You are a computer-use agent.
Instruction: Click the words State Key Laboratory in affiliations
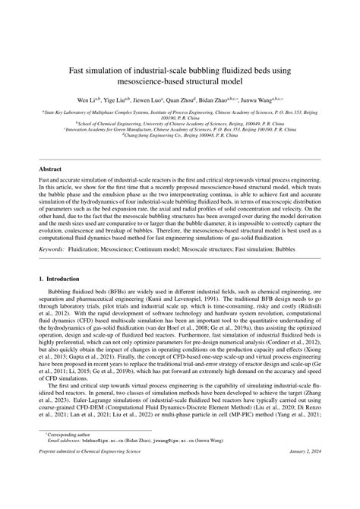(x=72, y=112)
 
